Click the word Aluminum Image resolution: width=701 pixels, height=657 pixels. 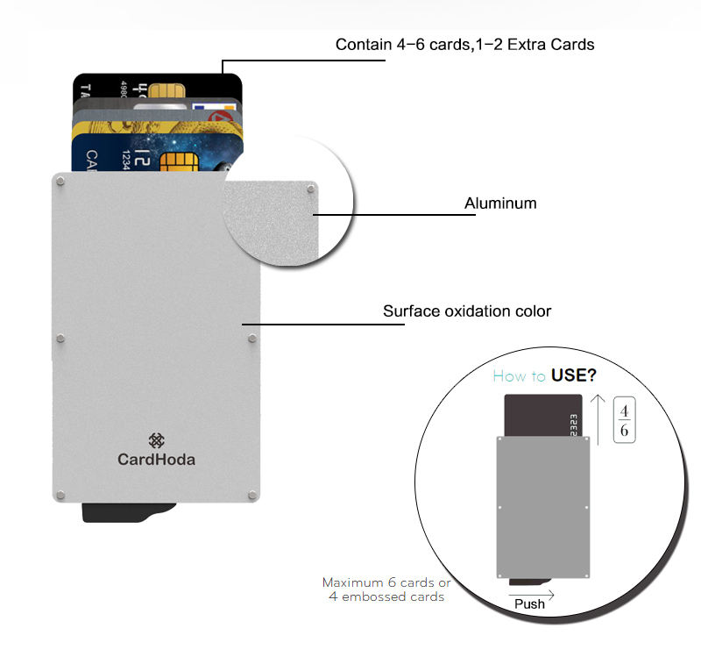tap(499, 204)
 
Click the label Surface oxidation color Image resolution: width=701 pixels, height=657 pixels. tap(467, 311)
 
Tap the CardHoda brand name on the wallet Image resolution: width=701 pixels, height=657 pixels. tap(157, 459)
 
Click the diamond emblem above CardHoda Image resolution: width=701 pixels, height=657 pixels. tap(157, 440)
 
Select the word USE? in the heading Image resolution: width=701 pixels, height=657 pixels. tap(574, 376)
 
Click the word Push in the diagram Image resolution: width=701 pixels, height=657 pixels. tap(529, 603)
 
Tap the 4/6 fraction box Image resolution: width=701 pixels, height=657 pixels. tap(623, 420)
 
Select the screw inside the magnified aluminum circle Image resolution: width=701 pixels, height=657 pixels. tap(311, 189)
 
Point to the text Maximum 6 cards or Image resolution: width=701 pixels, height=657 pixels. tap(386, 582)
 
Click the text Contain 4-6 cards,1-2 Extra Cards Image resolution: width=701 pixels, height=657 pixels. tap(464, 44)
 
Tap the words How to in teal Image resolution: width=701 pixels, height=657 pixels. tap(520, 376)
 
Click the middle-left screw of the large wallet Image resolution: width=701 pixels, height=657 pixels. tap(60, 339)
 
